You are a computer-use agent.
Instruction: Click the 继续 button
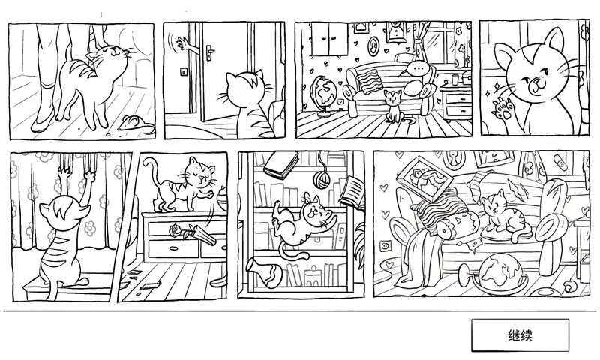(x=520, y=335)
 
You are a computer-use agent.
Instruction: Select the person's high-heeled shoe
(x=43, y=121)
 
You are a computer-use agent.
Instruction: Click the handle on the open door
(x=210, y=51)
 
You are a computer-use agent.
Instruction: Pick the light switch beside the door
(x=184, y=71)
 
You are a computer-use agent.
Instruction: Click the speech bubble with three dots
(x=416, y=68)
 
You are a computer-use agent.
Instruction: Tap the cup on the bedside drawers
(x=454, y=79)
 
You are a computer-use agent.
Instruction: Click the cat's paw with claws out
(x=501, y=108)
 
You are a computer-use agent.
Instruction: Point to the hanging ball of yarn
(x=322, y=179)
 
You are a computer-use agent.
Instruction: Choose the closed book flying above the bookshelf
(x=281, y=164)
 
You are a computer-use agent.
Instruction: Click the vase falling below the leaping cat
(x=265, y=272)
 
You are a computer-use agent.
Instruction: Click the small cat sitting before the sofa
(x=394, y=106)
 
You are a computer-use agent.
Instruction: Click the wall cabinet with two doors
(x=329, y=39)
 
